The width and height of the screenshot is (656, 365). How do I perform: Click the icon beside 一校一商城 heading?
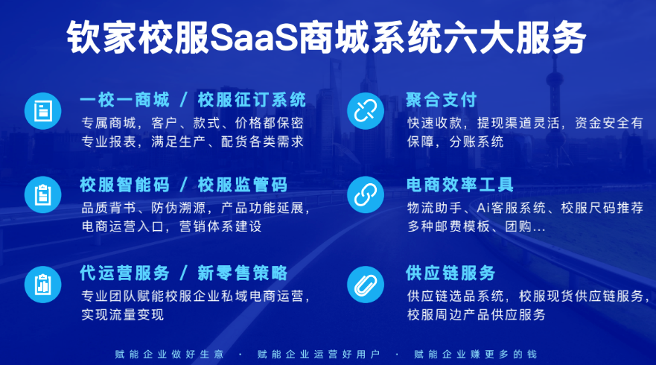42,111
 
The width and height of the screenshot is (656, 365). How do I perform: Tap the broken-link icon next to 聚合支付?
366,111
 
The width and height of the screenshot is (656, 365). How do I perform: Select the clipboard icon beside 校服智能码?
42,194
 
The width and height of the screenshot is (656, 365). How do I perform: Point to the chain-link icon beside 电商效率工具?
366,194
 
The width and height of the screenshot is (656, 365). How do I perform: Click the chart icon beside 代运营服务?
42,285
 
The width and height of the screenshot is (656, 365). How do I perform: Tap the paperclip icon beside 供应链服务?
366,285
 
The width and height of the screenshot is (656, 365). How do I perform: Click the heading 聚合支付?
442,100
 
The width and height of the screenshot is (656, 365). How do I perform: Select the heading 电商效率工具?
459,185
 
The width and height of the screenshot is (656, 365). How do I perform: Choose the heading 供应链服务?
450,273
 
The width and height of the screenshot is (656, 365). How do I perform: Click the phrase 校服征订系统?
252,100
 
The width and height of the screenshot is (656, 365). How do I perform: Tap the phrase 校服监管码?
243,185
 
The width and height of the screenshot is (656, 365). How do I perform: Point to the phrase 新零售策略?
243,273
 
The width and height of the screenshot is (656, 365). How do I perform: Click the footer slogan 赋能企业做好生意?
170,354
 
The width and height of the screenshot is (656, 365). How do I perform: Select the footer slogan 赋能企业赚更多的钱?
475,354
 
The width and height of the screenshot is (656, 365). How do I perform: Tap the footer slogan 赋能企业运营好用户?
319,354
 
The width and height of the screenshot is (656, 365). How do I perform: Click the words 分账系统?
477,142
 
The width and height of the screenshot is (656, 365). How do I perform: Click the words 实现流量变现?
123,314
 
